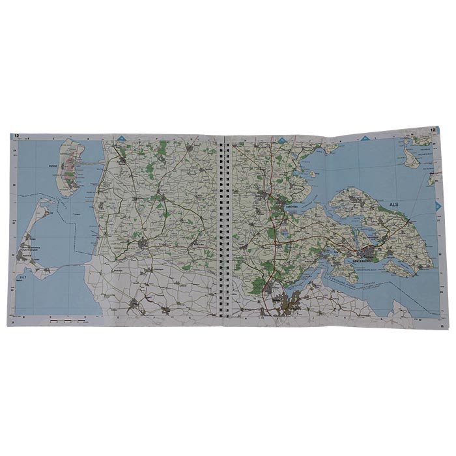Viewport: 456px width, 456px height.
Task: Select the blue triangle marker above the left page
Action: pyautogui.click(x=122, y=138)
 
